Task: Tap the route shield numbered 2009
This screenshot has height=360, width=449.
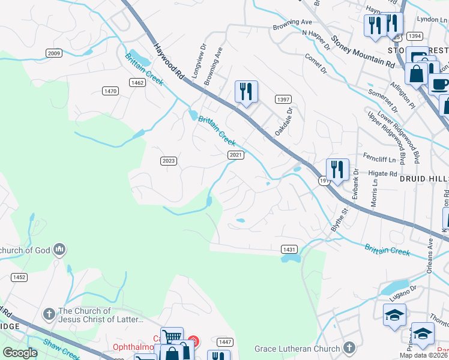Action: (54, 53)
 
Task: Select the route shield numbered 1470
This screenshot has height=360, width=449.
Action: (110, 91)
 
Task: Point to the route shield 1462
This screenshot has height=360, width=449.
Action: (137, 83)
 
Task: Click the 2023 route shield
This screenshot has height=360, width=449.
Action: (169, 161)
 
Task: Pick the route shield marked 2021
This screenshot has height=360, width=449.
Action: (235, 155)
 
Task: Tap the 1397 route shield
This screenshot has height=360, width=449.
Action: (283, 98)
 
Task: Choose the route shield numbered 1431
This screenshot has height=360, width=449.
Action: (289, 248)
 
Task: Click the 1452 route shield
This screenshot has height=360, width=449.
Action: (19, 277)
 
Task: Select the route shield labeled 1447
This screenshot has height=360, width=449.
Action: (225, 342)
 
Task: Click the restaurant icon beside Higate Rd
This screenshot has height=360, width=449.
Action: (337, 169)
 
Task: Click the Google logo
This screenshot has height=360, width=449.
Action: (20, 353)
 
